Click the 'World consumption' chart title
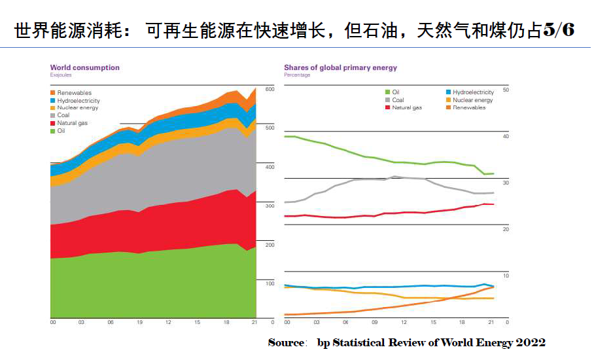[x=84, y=67]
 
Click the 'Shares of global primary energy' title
[x=340, y=67]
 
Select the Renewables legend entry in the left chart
[x=74, y=93]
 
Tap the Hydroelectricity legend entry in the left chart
[x=78, y=101]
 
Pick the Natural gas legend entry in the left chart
[x=72, y=123]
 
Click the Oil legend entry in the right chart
[x=395, y=92]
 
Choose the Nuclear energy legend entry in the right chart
[x=472, y=100]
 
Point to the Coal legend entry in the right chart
[x=397, y=100]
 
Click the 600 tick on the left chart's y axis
[x=269, y=89]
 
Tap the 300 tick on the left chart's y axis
[x=269, y=206]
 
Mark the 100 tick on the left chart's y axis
[x=269, y=283]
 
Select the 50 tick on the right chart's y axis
[x=505, y=89]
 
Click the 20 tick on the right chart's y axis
[x=505, y=229]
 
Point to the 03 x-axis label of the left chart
[x=81, y=323]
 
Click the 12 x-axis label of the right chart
[x=404, y=323]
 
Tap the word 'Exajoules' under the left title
[x=60, y=75]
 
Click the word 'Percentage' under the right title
[x=297, y=75]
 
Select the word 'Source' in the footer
[x=285, y=342]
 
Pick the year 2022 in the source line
[x=532, y=342]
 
